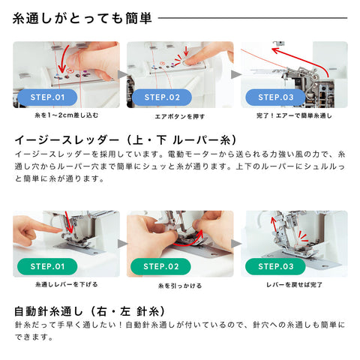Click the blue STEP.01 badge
tap(47, 97)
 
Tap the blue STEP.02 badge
tap(162, 97)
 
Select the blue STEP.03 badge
tap(275, 97)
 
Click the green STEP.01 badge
tap(47, 266)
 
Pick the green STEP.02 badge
tap(160, 266)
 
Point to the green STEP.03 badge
tap(275, 266)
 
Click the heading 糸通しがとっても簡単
tap(82, 18)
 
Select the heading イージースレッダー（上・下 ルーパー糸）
tap(125, 140)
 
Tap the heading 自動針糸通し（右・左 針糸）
tap(90, 311)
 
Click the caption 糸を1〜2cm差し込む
tap(67, 115)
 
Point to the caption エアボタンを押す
tap(180, 116)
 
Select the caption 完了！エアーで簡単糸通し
tap(294, 115)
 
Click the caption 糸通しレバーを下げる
tap(67, 284)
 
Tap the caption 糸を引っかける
tap(180, 286)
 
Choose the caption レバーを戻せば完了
tap(294, 285)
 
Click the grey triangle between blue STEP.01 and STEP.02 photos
tap(122, 74)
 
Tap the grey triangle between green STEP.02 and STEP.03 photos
tap(236, 244)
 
